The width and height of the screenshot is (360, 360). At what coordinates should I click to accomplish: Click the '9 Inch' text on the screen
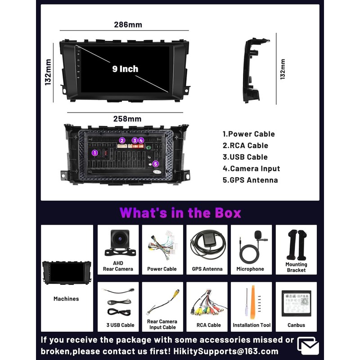pyautogui.click(x=125, y=69)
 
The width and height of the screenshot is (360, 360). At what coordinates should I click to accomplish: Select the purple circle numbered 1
pyautogui.click(x=95, y=153)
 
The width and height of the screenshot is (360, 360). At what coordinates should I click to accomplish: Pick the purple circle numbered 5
pyautogui.click(x=156, y=164)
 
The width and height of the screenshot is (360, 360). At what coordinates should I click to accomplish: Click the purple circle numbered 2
pyautogui.click(x=122, y=140)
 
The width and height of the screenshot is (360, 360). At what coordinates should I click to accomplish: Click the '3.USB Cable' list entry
pyautogui.click(x=245, y=157)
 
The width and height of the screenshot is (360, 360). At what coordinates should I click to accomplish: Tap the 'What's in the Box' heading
pyautogui.click(x=180, y=212)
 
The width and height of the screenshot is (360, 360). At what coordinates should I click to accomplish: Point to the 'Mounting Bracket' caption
pyautogui.click(x=296, y=267)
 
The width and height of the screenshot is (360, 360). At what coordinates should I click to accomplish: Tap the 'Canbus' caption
pyautogui.click(x=296, y=325)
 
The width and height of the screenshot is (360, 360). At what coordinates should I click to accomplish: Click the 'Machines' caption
pyautogui.click(x=66, y=299)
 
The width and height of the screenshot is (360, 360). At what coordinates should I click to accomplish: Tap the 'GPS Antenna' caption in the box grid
pyautogui.click(x=207, y=269)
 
